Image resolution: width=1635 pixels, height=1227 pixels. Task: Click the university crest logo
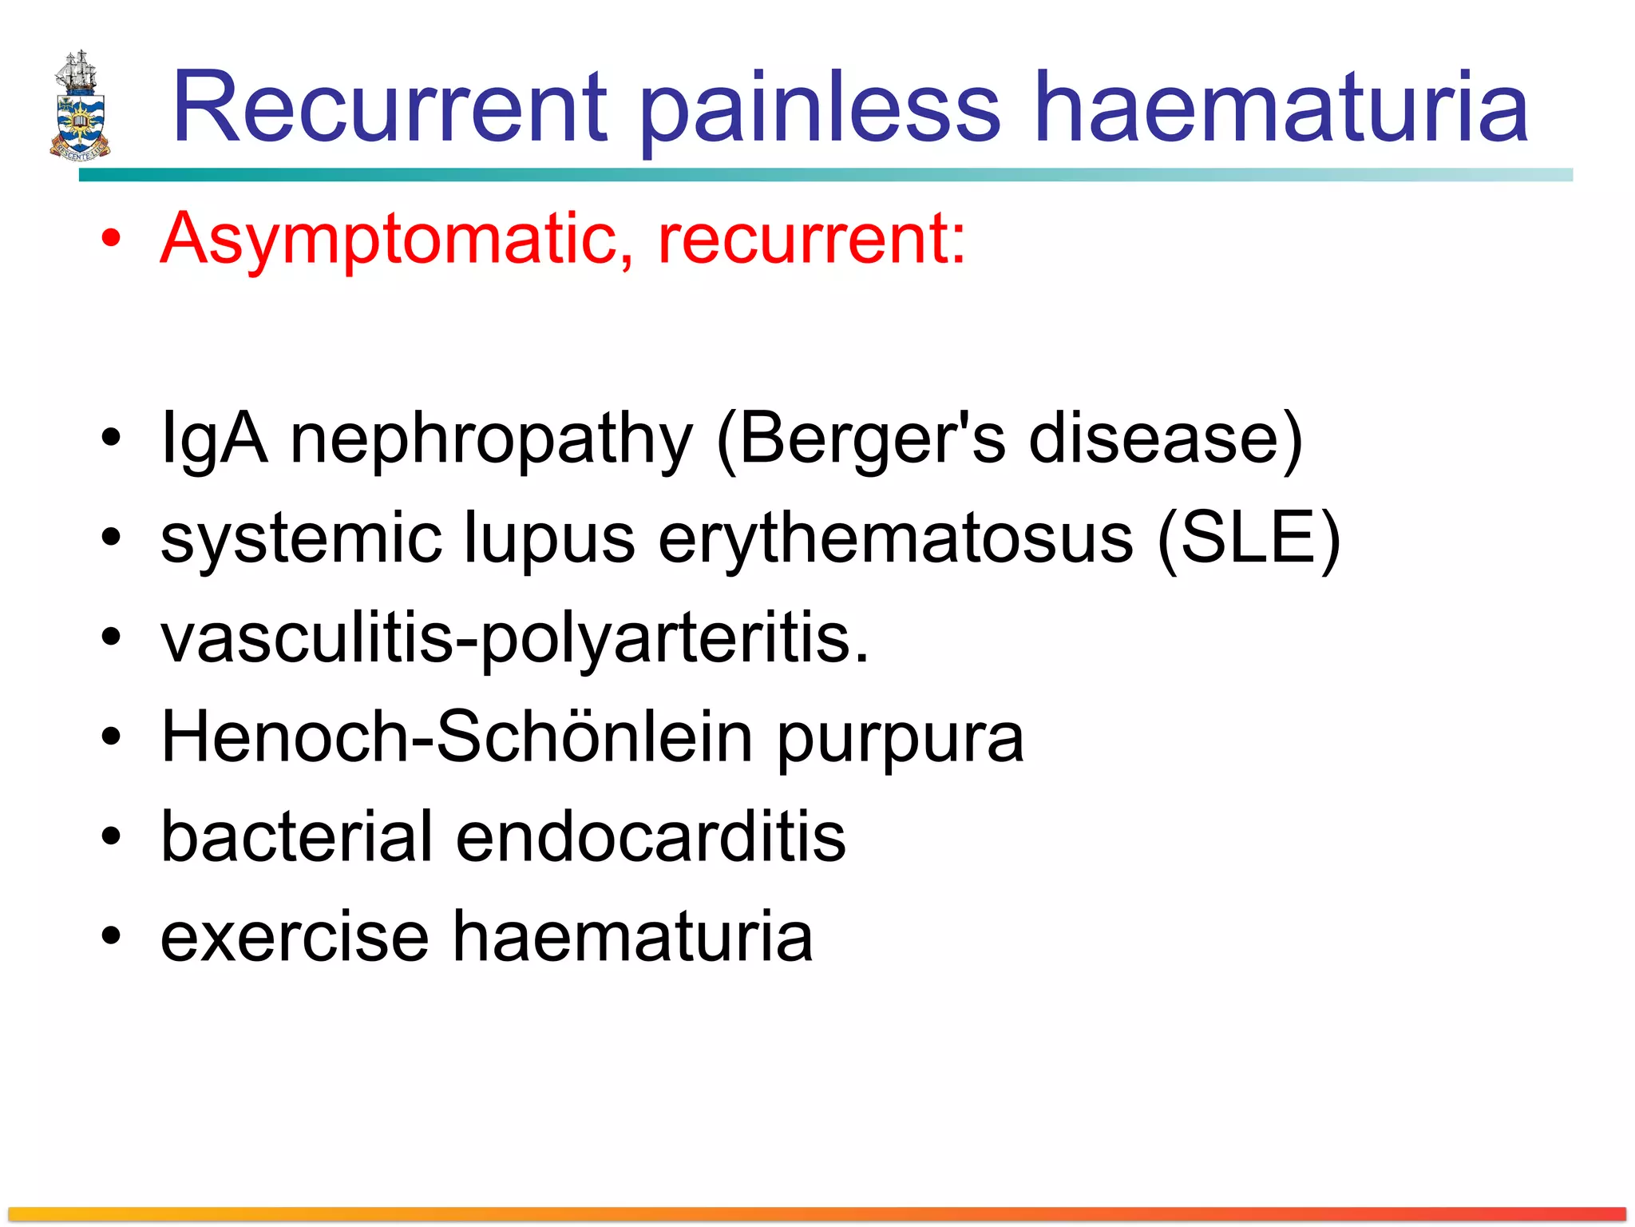tap(79, 106)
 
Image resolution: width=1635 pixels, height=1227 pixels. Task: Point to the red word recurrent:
tap(811, 239)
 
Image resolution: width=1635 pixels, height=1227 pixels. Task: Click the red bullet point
tap(111, 238)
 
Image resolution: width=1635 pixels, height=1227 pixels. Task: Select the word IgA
tap(213, 439)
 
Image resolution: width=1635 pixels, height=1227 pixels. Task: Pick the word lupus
tap(550, 538)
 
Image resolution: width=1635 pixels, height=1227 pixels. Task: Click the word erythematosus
tap(895, 538)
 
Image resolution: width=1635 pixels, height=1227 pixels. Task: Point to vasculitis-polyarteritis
tap(514, 638)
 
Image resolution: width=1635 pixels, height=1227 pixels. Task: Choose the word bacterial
tap(296, 836)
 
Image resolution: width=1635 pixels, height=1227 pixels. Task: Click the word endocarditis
tap(651, 836)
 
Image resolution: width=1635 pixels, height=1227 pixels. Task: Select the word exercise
tap(295, 936)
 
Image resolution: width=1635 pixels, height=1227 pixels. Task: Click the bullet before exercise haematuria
tap(111, 936)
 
